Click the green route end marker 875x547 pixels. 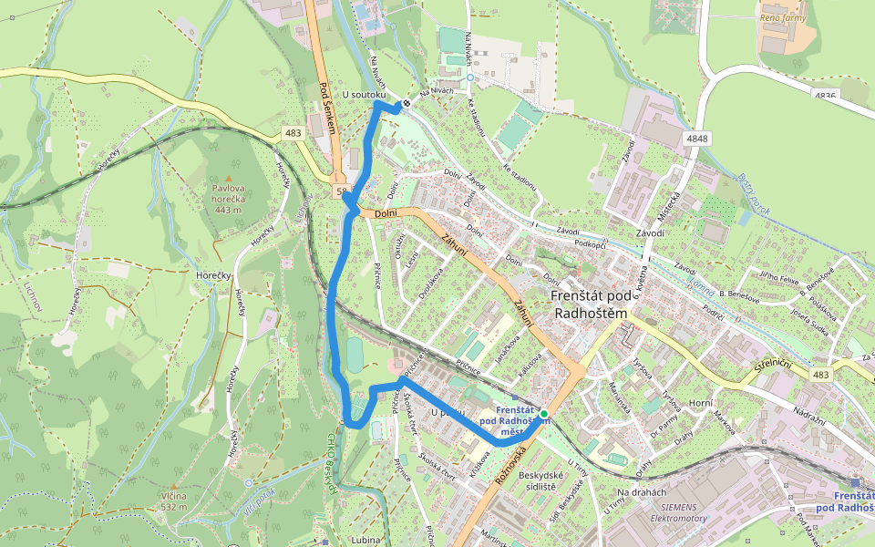544,414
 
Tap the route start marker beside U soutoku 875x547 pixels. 407,103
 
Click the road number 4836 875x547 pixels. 826,95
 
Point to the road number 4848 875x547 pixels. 697,138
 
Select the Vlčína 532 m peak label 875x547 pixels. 173,501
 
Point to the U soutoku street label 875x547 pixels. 365,95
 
